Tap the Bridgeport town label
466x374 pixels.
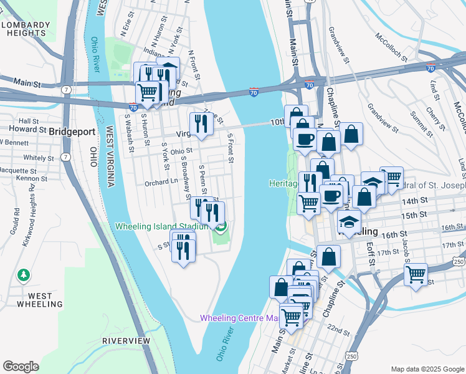72,132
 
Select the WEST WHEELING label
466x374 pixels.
40,300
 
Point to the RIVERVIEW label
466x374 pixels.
126,341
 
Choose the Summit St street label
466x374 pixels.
416,123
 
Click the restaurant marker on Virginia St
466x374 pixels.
201,123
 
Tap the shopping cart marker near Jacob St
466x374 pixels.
415,274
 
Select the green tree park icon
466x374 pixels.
24,274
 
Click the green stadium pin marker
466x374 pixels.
221,226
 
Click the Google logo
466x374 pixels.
21,367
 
